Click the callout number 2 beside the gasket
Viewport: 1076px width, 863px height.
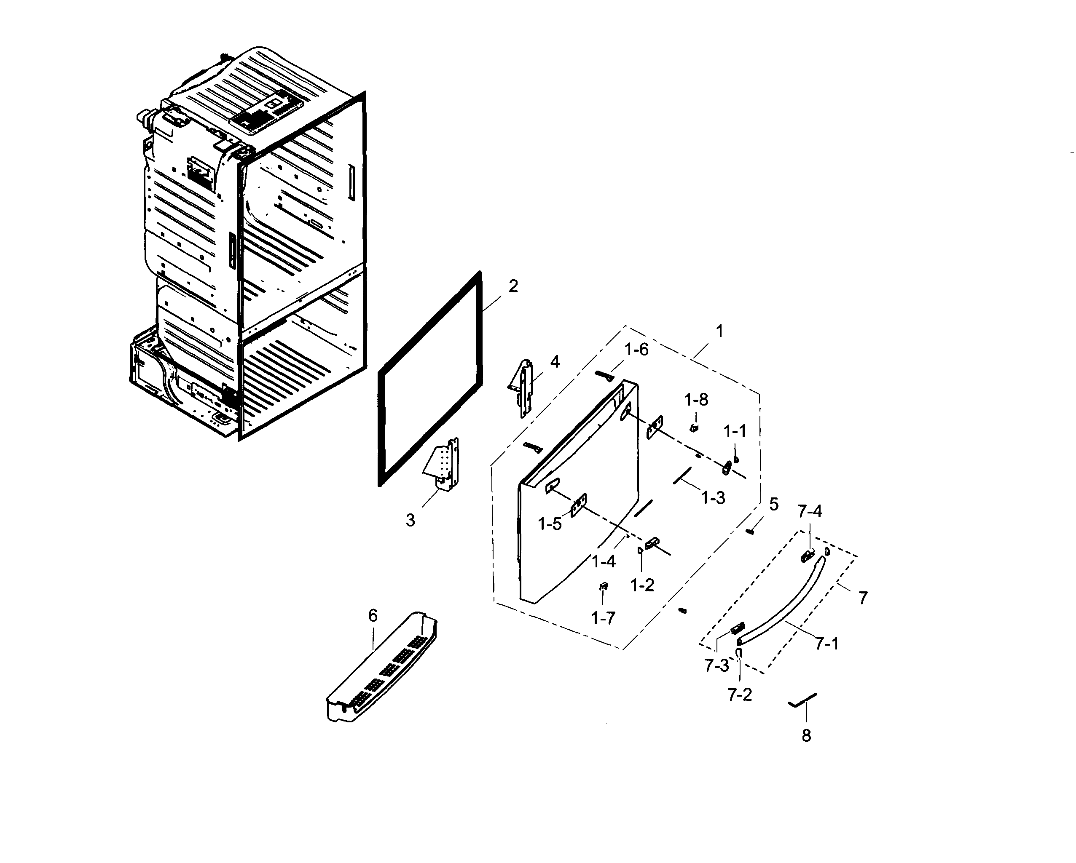(x=513, y=286)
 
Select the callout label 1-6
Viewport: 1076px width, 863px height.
(x=636, y=350)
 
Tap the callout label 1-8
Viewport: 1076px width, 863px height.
(x=696, y=400)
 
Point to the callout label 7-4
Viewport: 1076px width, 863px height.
(x=810, y=511)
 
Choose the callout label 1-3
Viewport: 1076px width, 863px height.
(x=713, y=497)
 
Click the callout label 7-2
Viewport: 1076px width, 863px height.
(x=740, y=695)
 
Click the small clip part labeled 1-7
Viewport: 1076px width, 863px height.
(x=604, y=586)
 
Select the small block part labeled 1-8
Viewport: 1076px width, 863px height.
(x=694, y=427)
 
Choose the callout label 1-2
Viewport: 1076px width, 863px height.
(x=642, y=585)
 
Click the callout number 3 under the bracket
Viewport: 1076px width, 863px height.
(x=410, y=521)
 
